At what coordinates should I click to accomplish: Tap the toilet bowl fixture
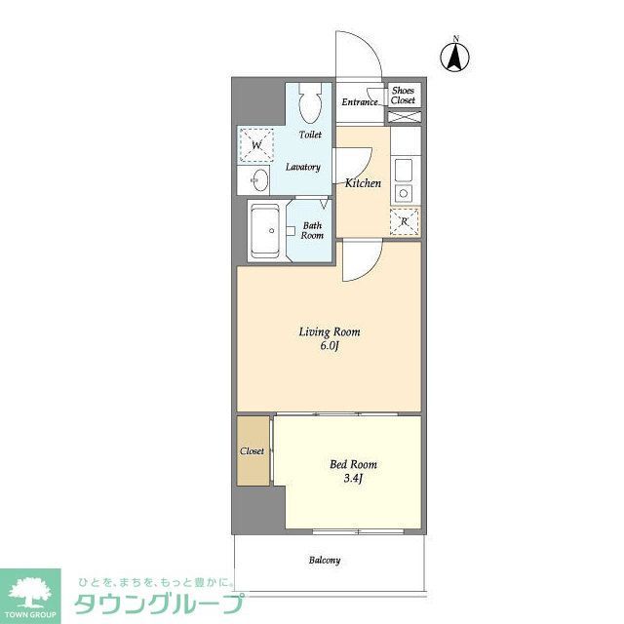[311, 102]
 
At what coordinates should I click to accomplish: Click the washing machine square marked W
[256, 146]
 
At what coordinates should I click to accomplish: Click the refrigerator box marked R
[404, 221]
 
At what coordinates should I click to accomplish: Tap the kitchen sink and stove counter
[404, 175]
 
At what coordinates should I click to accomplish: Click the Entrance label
[360, 102]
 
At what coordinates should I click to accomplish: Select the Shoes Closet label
[403, 96]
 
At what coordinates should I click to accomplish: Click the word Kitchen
[363, 182]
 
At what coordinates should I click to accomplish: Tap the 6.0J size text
[330, 346]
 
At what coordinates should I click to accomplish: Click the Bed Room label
[353, 464]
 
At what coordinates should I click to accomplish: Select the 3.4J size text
[353, 479]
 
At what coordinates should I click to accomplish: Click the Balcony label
[325, 561]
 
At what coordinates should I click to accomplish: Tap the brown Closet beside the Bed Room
[252, 451]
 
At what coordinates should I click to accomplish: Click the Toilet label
[310, 135]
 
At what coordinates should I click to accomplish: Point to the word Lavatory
[302, 167]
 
